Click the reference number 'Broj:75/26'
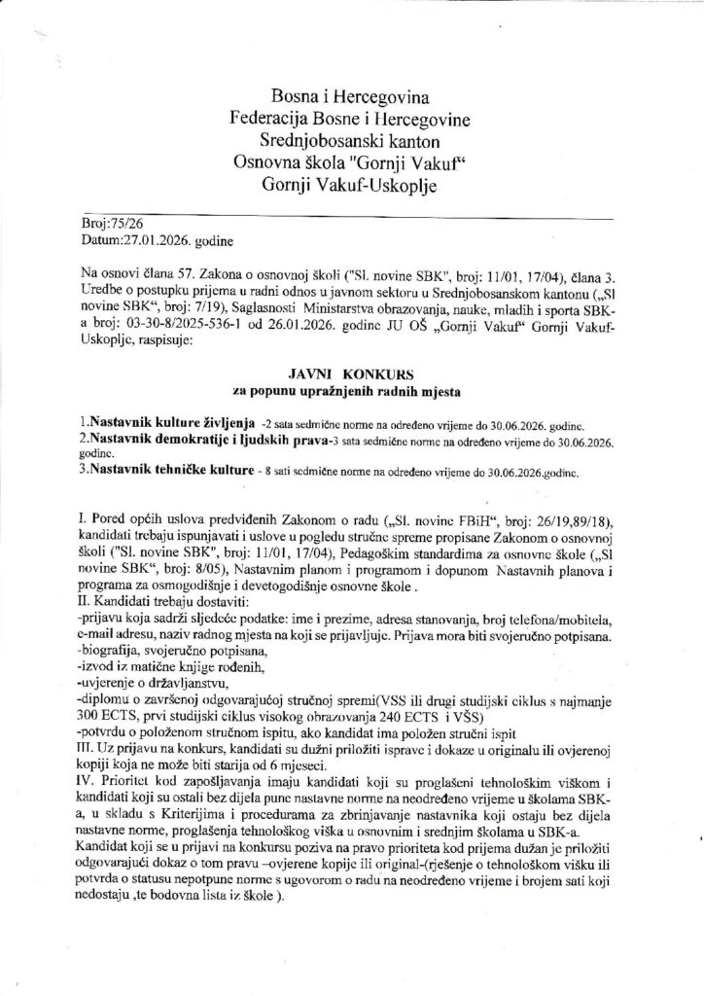click(x=112, y=223)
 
